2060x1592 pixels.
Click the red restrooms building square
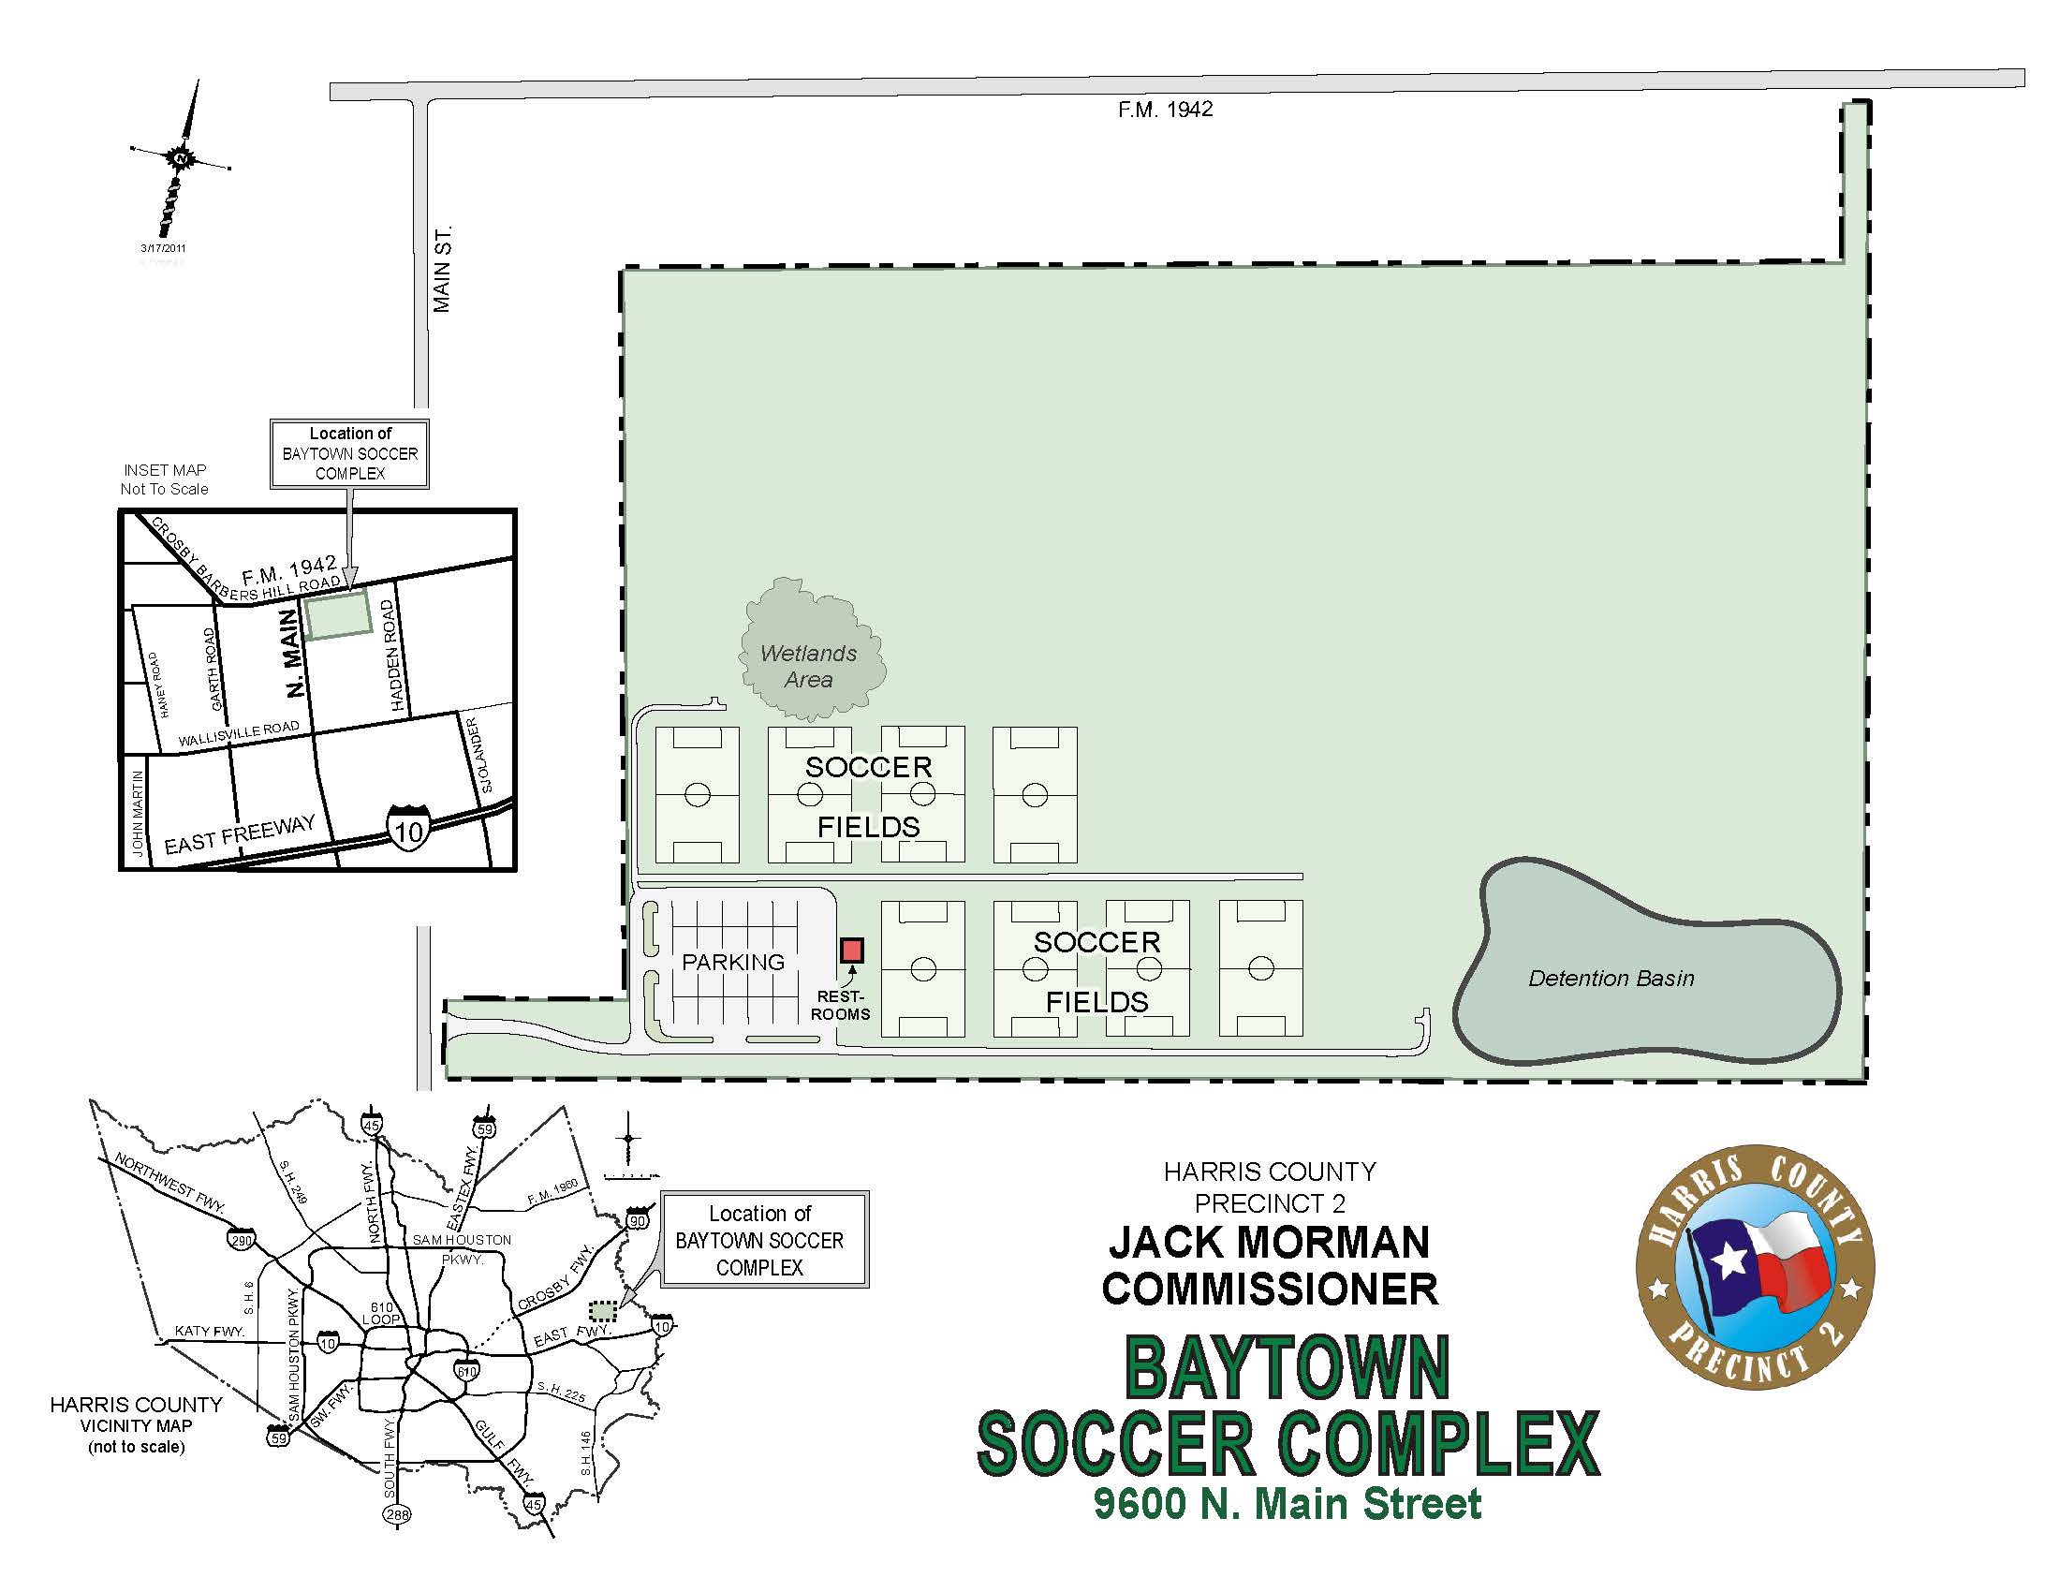click(851, 950)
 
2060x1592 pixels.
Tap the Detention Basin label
click(1611, 979)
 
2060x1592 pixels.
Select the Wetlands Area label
click(808, 666)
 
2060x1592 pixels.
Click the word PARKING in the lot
click(733, 962)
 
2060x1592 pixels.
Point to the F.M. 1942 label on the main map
click(1165, 110)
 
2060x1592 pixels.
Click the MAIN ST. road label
click(442, 270)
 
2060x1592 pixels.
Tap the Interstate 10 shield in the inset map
click(408, 828)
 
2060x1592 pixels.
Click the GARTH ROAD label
click(214, 670)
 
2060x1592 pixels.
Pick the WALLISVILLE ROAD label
click(239, 735)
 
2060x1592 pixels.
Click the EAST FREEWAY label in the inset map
click(240, 834)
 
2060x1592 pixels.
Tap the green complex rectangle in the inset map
click(337, 614)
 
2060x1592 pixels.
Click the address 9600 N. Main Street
click(1287, 1504)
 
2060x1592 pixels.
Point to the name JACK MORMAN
click(1269, 1242)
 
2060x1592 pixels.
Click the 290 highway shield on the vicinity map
click(241, 1240)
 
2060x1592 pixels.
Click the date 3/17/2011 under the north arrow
click(163, 248)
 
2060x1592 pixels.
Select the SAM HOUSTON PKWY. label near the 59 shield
click(294, 1354)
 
